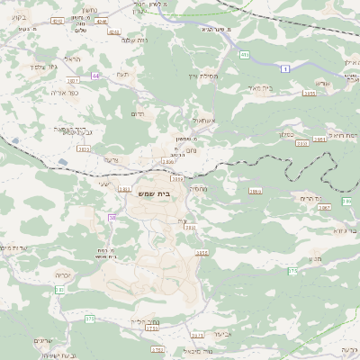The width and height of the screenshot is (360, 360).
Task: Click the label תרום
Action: coord(137,113)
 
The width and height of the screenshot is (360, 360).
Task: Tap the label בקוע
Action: coord(17,17)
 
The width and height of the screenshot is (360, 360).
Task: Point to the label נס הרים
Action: coord(310,197)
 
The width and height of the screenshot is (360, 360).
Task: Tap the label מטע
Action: coord(314,260)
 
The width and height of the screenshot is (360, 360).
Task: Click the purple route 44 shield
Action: coord(94,76)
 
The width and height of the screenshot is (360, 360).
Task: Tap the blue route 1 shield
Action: coord(285,68)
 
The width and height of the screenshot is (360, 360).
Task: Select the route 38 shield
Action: coord(112,218)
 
